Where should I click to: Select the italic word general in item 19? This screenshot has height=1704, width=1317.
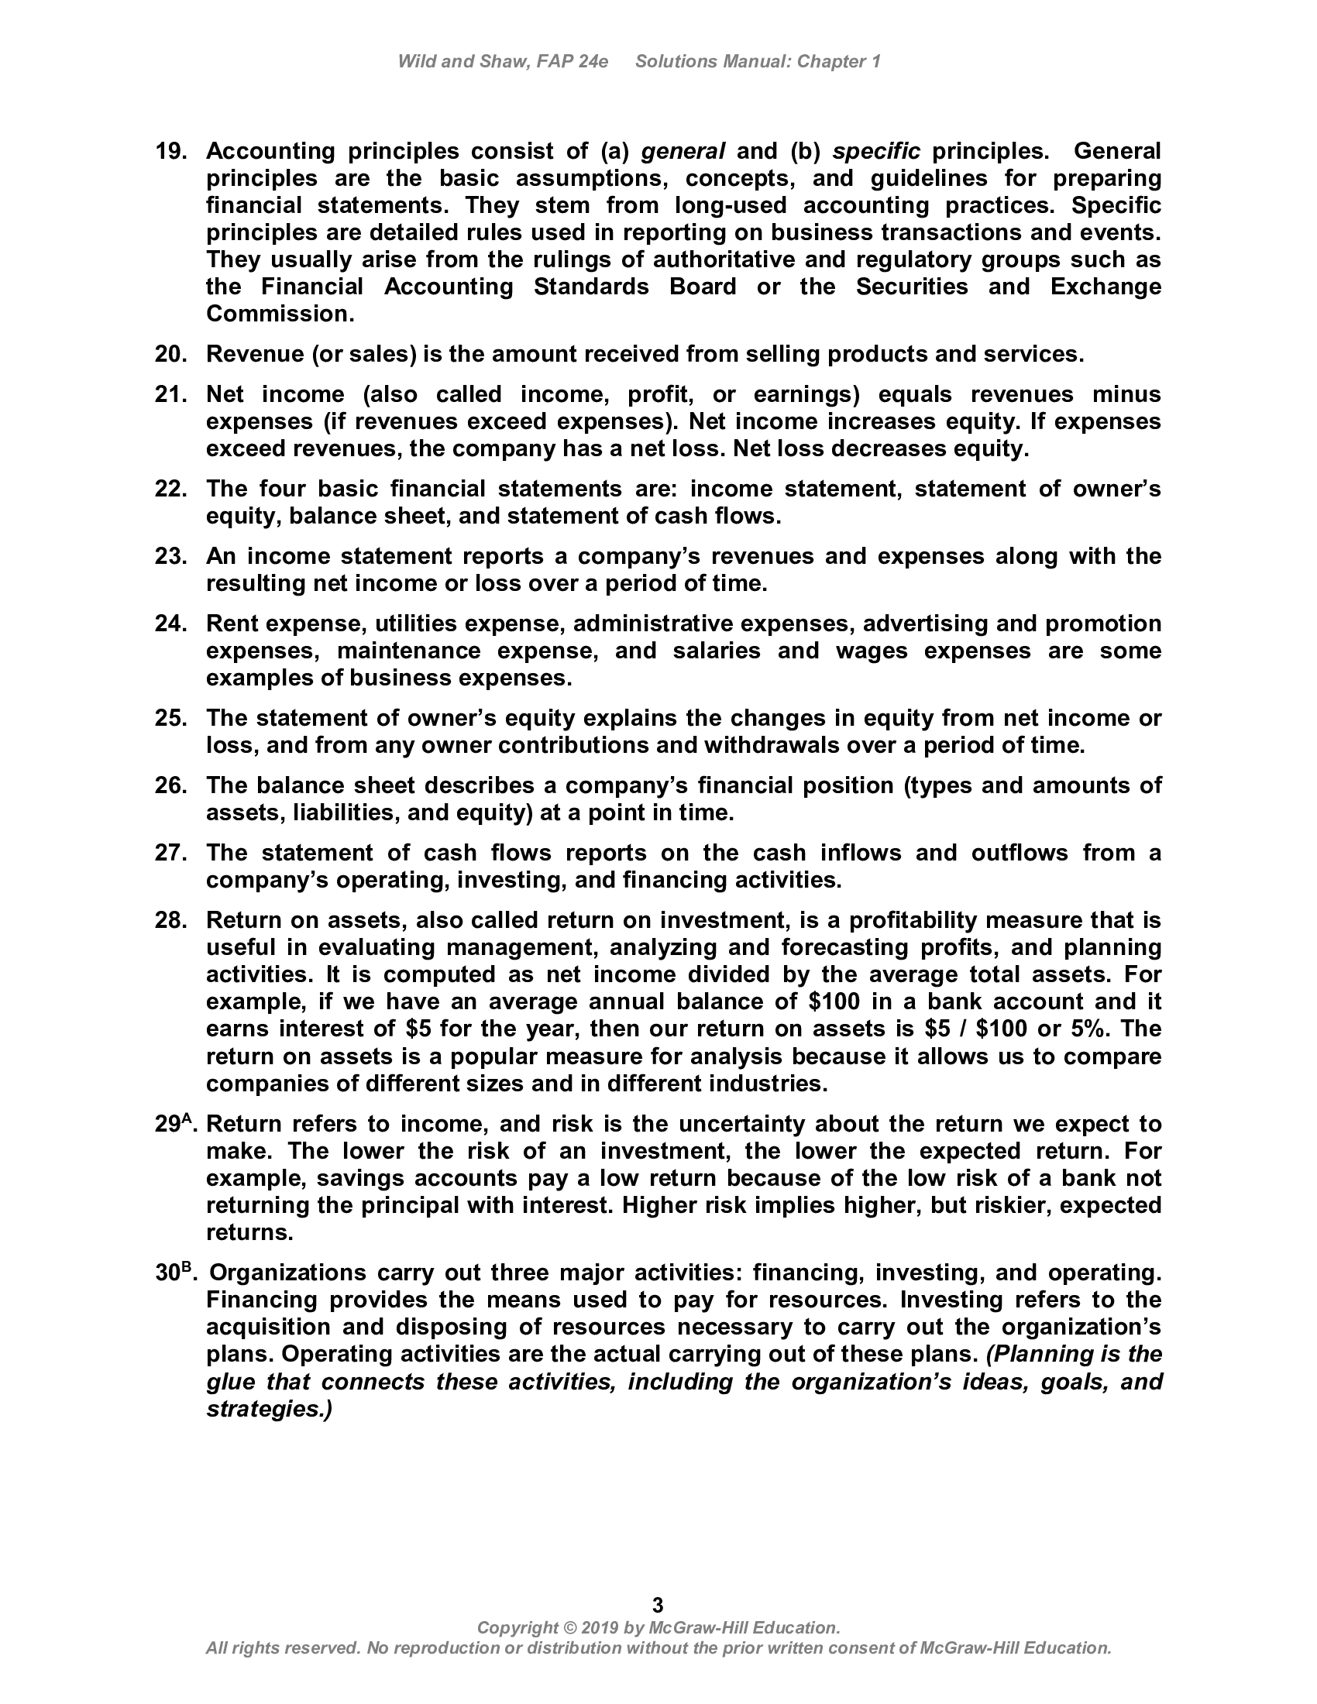pos(683,150)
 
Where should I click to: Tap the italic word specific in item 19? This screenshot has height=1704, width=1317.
pos(876,150)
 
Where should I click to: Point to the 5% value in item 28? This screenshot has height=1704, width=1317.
pos(1092,1029)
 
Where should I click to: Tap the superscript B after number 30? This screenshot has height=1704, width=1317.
pos(187,1267)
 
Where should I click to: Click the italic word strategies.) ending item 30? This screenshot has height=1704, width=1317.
pos(269,1409)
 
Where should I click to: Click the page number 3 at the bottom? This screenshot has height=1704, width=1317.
pos(658,1605)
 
